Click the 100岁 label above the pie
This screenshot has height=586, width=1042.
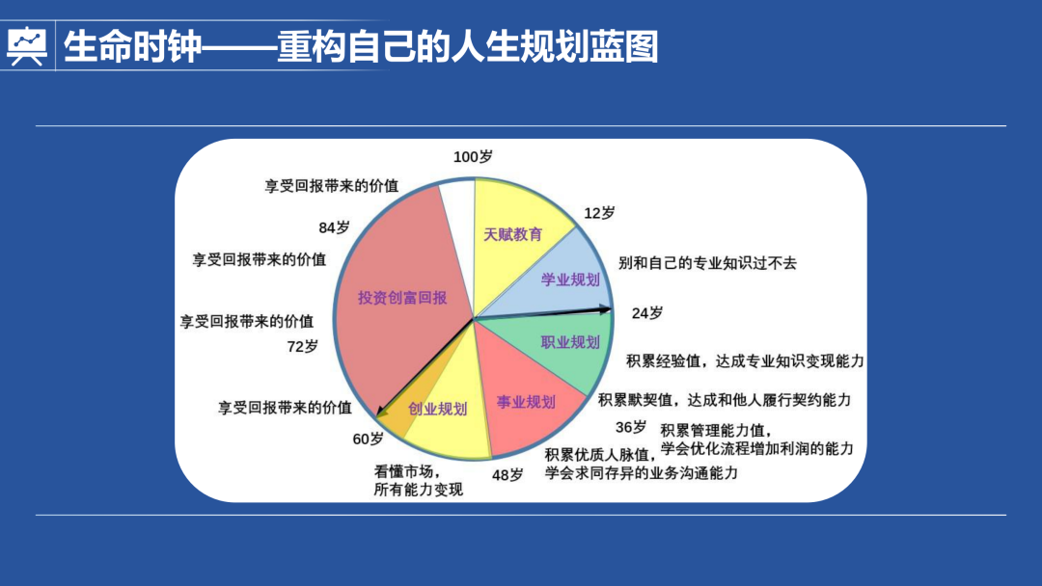click(x=473, y=157)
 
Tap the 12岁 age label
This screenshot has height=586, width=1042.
click(x=600, y=213)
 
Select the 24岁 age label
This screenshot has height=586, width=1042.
click(x=646, y=313)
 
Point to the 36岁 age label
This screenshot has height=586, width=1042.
click(x=631, y=427)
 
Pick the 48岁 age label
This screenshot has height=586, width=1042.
click(x=507, y=474)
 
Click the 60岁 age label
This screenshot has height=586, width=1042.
click(x=368, y=439)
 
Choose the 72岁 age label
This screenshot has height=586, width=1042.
click(x=302, y=346)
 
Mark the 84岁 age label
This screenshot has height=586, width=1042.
click(x=334, y=228)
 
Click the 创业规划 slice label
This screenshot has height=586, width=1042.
click(x=437, y=409)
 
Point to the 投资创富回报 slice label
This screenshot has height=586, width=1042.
click(x=402, y=298)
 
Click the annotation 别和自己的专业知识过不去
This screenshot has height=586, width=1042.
click(x=707, y=263)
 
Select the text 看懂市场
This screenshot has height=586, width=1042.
click(x=407, y=472)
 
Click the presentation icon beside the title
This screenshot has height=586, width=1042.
click(x=26, y=45)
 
